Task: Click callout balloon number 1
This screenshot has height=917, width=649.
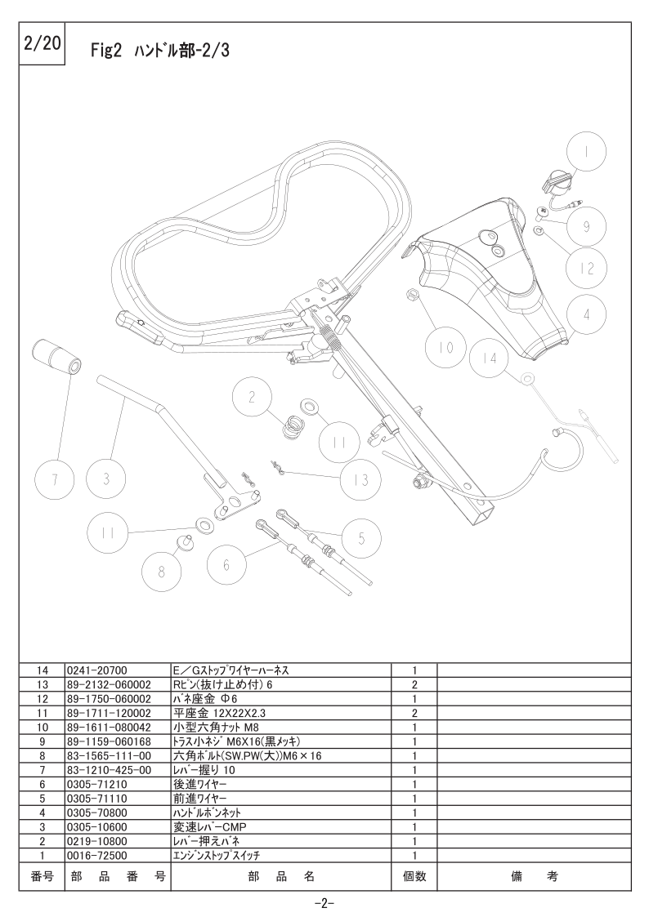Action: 586,151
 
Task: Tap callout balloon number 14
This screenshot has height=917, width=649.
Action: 490,357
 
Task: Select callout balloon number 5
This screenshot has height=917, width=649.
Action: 361,538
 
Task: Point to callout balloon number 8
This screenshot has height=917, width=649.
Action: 162,571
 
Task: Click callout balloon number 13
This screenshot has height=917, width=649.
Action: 361,479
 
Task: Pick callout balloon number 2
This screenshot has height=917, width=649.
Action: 253,398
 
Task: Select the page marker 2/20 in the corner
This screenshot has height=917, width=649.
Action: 43,44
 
